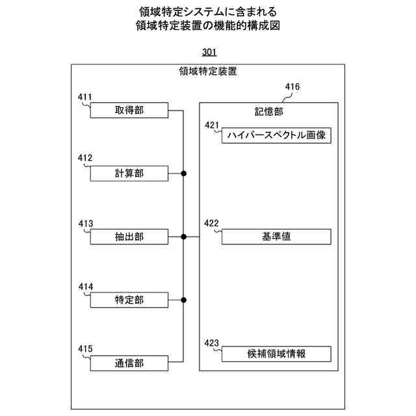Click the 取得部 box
click(x=129, y=110)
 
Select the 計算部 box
click(x=129, y=174)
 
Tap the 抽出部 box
click(x=129, y=237)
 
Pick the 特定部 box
click(x=129, y=300)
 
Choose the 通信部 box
click(x=129, y=363)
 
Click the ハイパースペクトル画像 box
click(x=276, y=136)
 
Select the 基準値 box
click(x=276, y=237)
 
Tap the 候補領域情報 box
click(x=276, y=354)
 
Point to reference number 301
click(x=208, y=52)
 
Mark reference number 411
click(x=85, y=98)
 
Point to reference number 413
click(x=85, y=224)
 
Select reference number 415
click(x=85, y=350)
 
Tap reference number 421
click(x=213, y=124)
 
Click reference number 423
click(x=213, y=342)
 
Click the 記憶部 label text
click(x=268, y=111)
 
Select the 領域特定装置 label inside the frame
click(x=207, y=73)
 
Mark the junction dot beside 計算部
click(x=184, y=174)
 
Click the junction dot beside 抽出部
click(x=184, y=237)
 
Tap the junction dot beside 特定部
click(x=184, y=300)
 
